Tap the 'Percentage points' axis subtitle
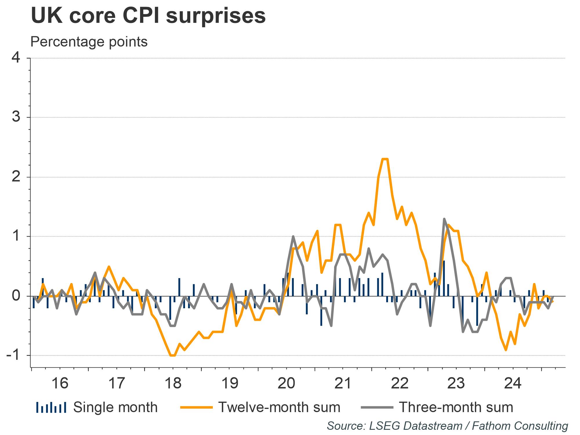tap(89, 42)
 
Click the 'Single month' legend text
tap(115, 407)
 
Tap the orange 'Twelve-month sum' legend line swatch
tap(196, 407)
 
